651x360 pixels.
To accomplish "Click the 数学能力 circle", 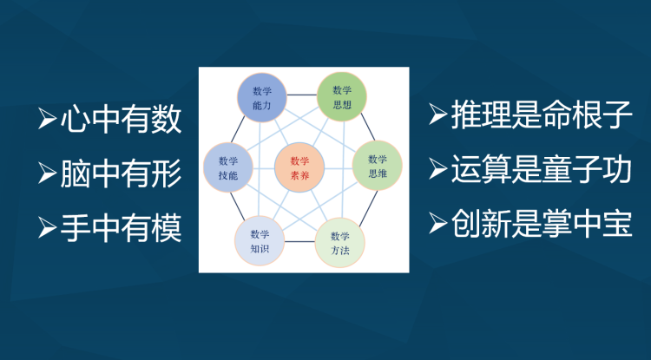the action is (x=262, y=97).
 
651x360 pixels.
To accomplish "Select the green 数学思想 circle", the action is (x=342, y=96).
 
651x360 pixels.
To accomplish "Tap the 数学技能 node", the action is (x=228, y=167).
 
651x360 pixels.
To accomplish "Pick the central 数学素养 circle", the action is (x=299, y=167).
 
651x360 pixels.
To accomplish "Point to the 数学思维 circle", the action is (x=377, y=166).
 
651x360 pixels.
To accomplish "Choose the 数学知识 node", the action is (x=260, y=241).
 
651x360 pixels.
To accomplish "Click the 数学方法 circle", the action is (x=340, y=243).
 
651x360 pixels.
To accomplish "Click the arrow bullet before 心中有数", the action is (x=48, y=119).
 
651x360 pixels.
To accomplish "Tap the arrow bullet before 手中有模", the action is (x=48, y=227).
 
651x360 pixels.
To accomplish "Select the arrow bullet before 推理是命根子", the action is (x=438, y=115).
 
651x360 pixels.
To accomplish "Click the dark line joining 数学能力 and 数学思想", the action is (x=302, y=95).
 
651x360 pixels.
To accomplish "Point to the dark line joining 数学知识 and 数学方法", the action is (x=299, y=241).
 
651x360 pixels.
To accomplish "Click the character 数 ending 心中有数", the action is (x=167, y=119).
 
